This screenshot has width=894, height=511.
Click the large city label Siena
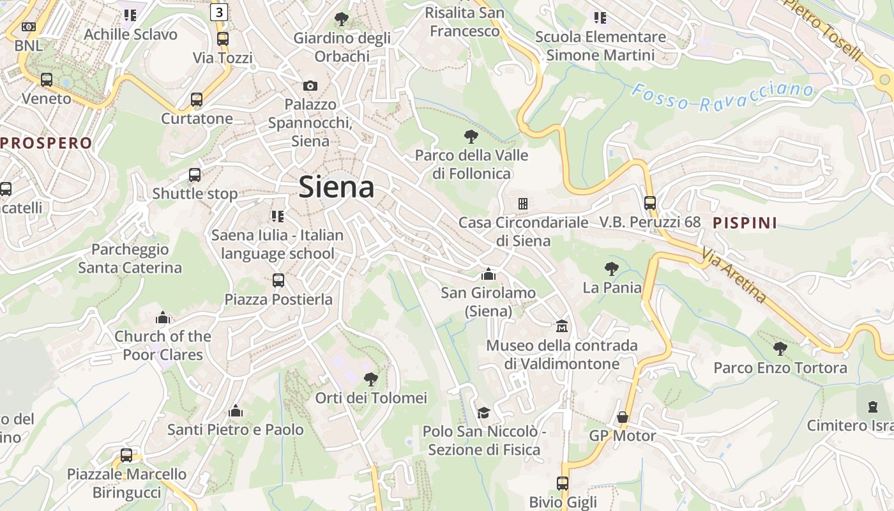(x=337, y=187)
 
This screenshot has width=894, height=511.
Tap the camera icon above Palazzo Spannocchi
(x=310, y=86)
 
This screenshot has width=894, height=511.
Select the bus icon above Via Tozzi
(x=222, y=39)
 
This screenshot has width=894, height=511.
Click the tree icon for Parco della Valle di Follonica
(x=471, y=136)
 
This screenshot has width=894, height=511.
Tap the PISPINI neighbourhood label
(x=745, y=223)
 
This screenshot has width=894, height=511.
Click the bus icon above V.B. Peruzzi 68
(x=649, y=203)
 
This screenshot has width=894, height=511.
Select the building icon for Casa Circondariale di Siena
(x=523, y=204)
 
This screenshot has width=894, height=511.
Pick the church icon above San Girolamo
(x=489, y=275)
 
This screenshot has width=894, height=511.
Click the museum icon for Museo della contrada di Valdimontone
(x=562, y=326)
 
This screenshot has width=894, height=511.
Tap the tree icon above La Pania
(x=612, y=269)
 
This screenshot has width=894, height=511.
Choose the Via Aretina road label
(x=734, y=275)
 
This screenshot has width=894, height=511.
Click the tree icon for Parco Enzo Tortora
(x=780, y=349)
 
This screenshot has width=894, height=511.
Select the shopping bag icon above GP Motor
(x=623, y=417)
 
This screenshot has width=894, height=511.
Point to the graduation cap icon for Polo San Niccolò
(x=483, y=413)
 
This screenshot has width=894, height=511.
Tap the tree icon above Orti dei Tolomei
(x=370, y=379)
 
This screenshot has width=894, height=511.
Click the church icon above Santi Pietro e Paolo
(x=236, y=411)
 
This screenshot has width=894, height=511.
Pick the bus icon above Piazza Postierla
(x=278, y=280)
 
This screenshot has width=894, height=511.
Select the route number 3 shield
(x=219, y=11)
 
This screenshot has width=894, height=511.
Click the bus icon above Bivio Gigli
(x=563, y=483)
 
